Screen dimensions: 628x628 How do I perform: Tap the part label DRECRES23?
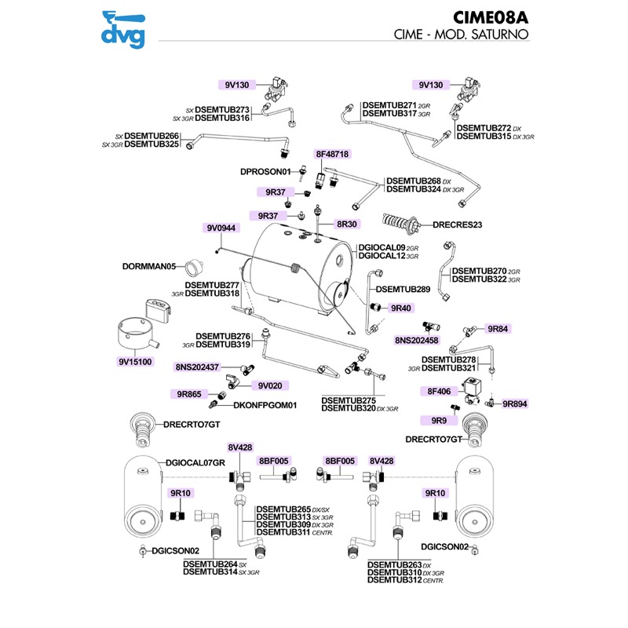coord(457,225)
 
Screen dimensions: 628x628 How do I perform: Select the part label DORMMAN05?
coord(148,266)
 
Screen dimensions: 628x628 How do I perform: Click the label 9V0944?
coord(221,228)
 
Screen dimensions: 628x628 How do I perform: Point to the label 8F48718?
coord(332,154)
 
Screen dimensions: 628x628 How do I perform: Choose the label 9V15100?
coord(135,362)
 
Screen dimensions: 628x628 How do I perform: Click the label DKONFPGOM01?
coord(265,406)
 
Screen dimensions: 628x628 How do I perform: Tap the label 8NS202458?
coord(417,341)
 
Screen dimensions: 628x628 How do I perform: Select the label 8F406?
coord(439,390)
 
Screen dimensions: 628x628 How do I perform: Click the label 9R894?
coord(515,403)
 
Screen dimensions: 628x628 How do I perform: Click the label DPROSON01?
coord(265,171)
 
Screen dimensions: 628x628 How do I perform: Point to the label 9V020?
coord(270,385)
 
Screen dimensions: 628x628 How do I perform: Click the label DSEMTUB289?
coord(403,290)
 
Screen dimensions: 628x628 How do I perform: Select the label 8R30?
coord(347,225)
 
